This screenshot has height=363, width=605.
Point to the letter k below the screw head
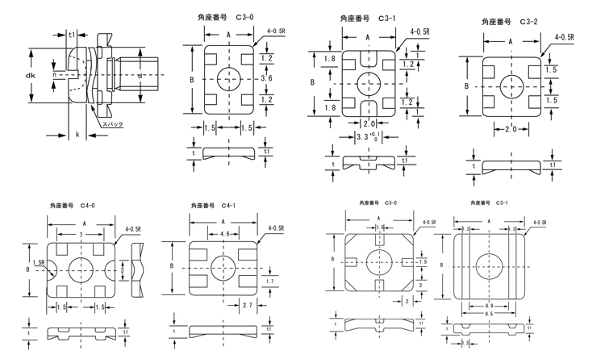77,132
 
